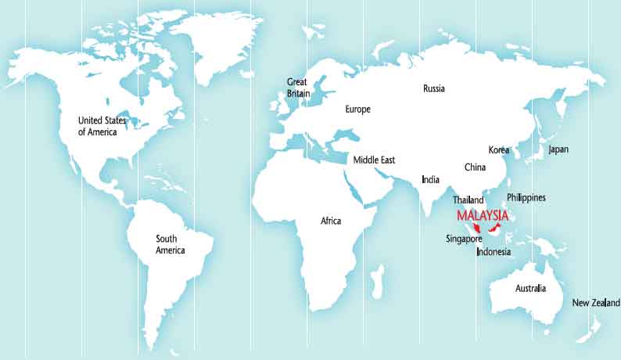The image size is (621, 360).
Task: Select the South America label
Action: coord(170,244)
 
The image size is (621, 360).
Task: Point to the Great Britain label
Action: coord(298,87)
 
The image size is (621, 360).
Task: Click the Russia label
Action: coord(433,88)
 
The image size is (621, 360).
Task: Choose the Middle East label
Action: coord(374,160)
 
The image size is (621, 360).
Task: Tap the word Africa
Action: coord(331,221)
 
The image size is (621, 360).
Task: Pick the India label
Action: coord(430,179)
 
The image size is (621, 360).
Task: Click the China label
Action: coord(475,167)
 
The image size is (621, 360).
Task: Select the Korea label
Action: coord(499,149)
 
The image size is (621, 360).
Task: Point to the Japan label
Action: coord(558,149)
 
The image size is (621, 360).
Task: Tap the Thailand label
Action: coord(468,200)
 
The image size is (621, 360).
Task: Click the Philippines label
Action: coord(526,197)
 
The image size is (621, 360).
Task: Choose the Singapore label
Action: coord(463,238)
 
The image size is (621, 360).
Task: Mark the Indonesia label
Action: coord(494,252)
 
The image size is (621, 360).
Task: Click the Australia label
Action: coord(530,289)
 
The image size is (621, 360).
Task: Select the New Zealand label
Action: coord(595,303)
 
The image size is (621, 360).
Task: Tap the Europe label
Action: coord(357,110)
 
